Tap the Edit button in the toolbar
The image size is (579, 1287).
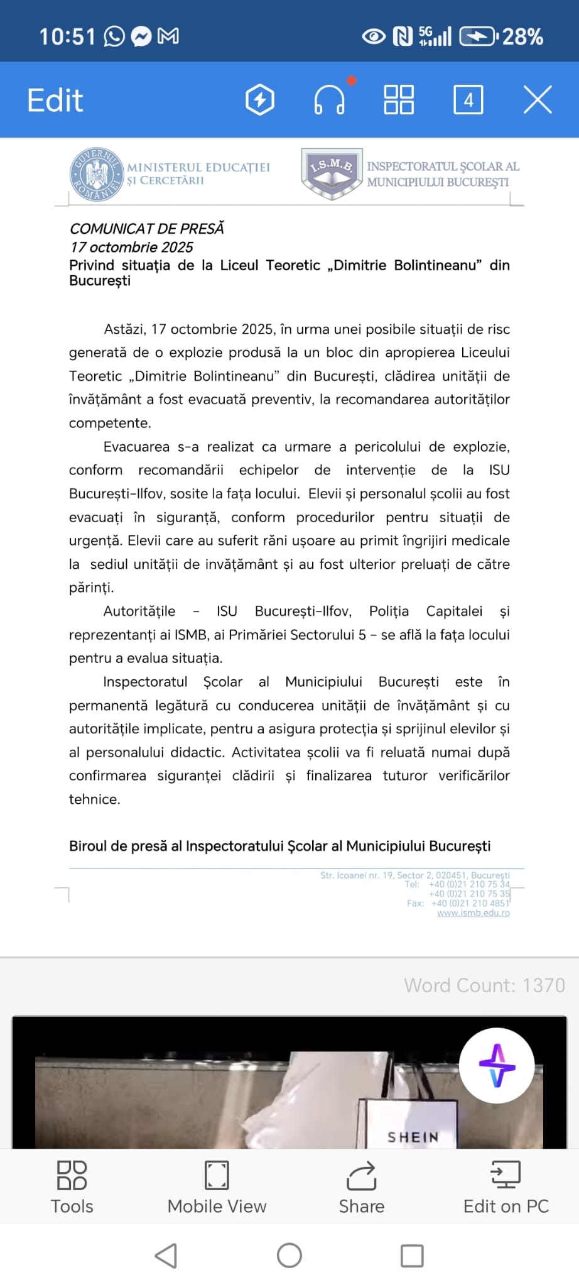click(x=55, y=101)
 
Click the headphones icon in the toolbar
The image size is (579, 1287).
click(x=329, y=101)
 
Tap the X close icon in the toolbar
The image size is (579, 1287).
click(x=538, y=100)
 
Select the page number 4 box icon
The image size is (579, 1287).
click(x=468, y=100)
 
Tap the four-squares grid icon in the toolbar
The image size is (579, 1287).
click(x=399, y=100)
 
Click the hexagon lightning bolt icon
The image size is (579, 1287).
click(x=260, y=100)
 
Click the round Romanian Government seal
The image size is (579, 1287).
click(x=97, y=175)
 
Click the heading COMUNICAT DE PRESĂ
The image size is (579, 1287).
click(x=146, y=229)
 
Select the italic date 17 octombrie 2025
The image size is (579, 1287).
click(x=131, y=247)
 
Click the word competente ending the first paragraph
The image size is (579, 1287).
click(x=109, y=423)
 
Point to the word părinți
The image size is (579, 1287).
click(x=91, y=588)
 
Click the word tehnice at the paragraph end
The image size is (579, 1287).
click(x=94, y=799)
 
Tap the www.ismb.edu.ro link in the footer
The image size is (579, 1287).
click(x=473, y=913)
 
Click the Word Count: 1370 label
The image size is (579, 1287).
click(x=484, y=985)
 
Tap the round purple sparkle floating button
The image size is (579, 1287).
click(x=497, y=1066)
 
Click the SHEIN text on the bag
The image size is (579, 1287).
click(x=413, y=1137)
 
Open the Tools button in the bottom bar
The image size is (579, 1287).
click(x=72, y=1188)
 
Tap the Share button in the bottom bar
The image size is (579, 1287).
click(x=362, y=1188)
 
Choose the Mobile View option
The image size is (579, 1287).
click(x=217, y=1188)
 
